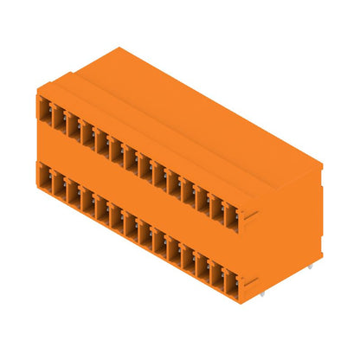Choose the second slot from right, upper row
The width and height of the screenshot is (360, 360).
point(217,207)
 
